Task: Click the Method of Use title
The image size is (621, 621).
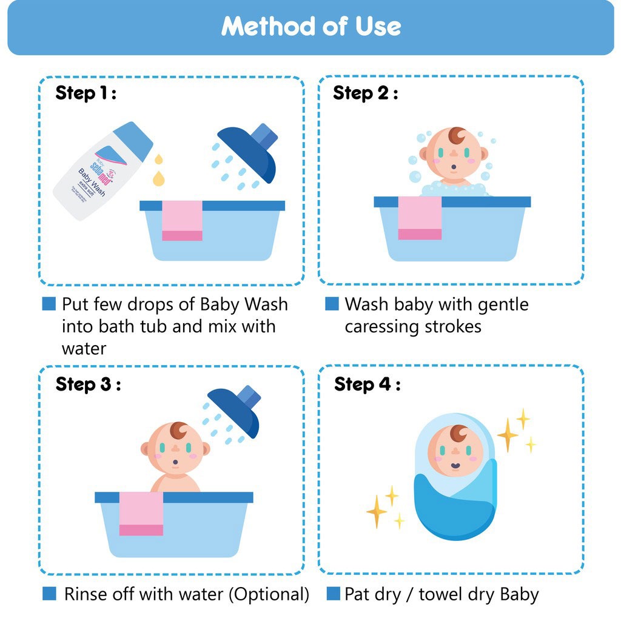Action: [310, 27]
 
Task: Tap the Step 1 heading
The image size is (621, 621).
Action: [85, 93]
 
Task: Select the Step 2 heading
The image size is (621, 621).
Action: [365, 93]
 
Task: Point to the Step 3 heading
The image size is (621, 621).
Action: [88, 384]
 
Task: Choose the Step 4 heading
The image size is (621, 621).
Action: [367, 384]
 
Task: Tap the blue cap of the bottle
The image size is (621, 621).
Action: [133, 141]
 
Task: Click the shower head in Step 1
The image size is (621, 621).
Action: [249, 152]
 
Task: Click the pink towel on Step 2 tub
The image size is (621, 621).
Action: [420, 218]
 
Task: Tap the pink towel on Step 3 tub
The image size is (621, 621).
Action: [141, 513]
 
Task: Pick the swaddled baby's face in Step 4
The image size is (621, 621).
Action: [455, 452]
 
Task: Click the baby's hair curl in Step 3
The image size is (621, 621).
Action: [180, 431]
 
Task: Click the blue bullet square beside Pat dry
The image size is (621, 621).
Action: [333, 594]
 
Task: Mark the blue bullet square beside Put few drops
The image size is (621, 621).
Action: [49, 304]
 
